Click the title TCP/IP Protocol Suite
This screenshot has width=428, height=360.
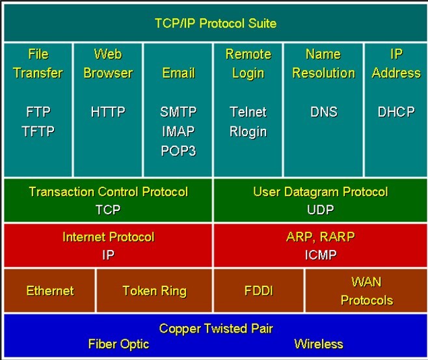tap(215, 23)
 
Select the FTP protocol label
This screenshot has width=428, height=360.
tap(37, 112)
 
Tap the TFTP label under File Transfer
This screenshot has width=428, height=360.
tap(37, 132)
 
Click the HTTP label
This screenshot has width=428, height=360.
tap(108, 112)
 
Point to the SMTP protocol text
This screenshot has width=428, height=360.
tap(178, 112)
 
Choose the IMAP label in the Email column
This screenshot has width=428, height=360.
tap(178, 132)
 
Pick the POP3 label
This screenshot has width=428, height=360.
tap(178, 151)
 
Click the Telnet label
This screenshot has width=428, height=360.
tap(248, 112)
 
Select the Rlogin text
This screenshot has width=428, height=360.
tap(248, 132)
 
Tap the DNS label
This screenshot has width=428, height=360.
tap(323, 112)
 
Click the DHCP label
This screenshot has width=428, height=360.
tap(395, 112)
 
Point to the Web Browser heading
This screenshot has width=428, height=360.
tap(108, 63)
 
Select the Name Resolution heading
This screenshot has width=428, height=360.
tap(323, 63)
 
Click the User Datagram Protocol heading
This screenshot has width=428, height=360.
tap(320, 191)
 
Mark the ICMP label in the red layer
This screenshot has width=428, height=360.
tap(320, 255)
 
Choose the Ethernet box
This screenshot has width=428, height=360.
tap(50, 291)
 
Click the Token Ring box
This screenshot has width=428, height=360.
tap(154, 291)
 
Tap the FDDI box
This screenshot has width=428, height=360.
tap(258, 291)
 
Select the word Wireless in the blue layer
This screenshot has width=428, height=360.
tap(318, 344)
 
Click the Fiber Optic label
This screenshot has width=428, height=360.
tap(118, 344)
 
